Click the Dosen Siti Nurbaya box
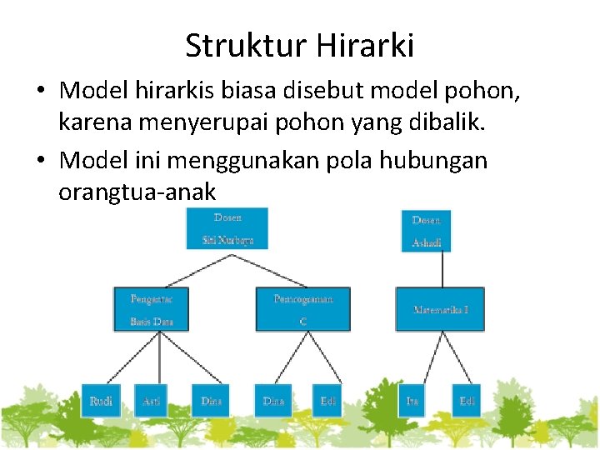coord(227,228)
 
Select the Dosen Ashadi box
coord(426,231)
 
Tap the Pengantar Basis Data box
coord(150,308)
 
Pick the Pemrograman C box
coord(302,308)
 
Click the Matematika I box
coord(441,309)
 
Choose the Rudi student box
coord(101,401)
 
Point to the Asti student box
coord(151,401)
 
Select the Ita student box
coord(412,401)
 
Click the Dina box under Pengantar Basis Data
coord(211,401)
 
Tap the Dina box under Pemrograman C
coord(273,401)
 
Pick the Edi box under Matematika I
coord(467,401)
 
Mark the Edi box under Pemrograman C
coord(328,401)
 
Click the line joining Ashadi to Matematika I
coord(441,269)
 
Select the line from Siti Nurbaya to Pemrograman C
coord(265,268)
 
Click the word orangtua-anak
coord(137,192)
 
